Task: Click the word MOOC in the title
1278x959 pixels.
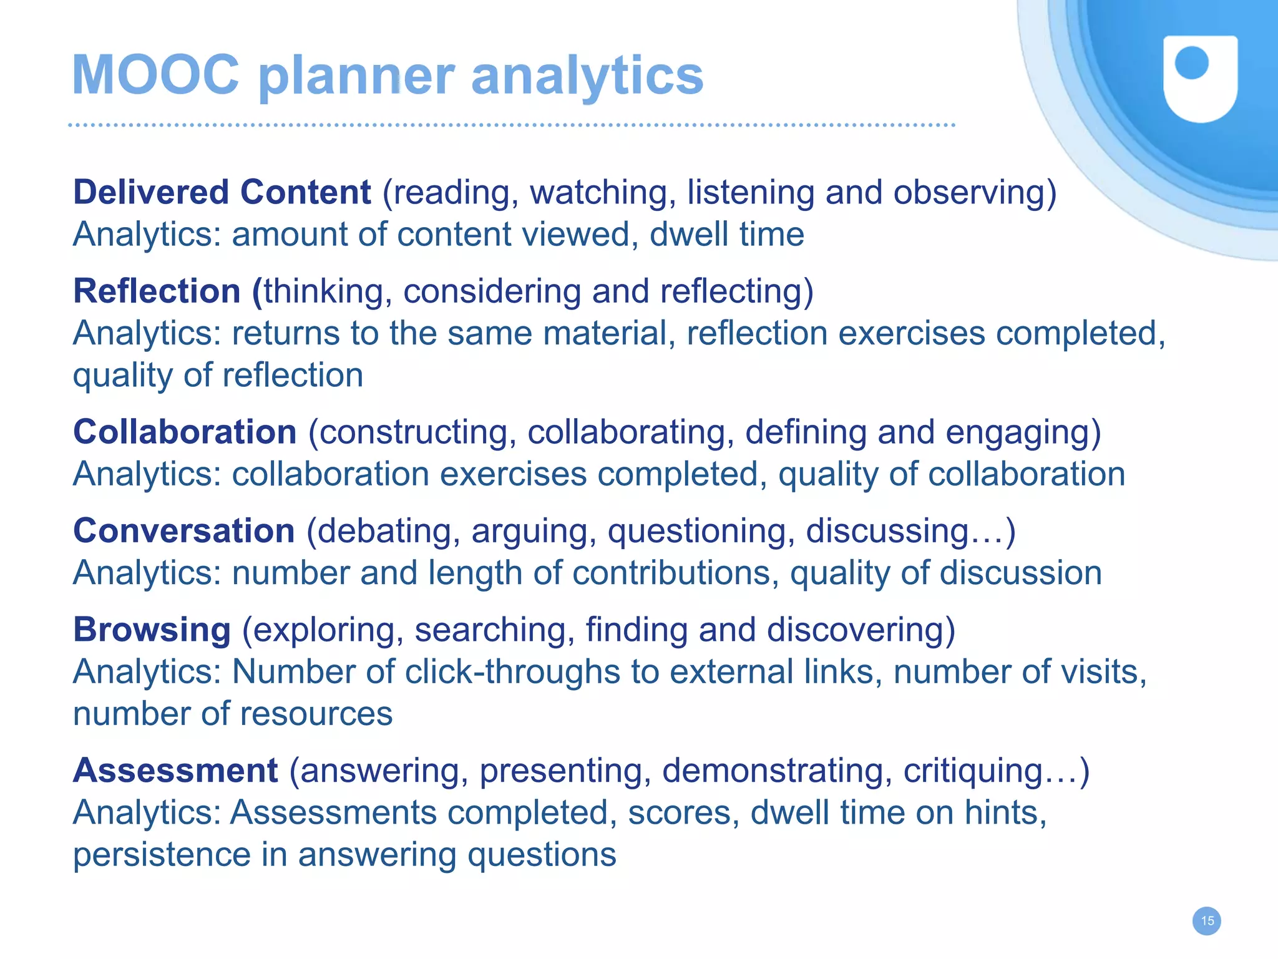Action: click(155, 75)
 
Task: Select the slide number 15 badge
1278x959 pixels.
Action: click(1207, 921)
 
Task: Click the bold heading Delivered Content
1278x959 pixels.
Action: click(222, 192)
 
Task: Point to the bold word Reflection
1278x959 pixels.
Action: click(157, 291)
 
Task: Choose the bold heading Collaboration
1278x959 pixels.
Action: click(185, 432)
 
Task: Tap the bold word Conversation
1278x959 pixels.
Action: click(183, 531)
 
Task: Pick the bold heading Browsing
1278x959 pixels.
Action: click(152, 630)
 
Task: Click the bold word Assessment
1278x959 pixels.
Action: click(175, 771)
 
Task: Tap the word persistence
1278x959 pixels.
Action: click(161, 855)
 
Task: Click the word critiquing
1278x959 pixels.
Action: click(972, 771)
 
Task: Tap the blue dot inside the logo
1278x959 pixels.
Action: click(1191, 64)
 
